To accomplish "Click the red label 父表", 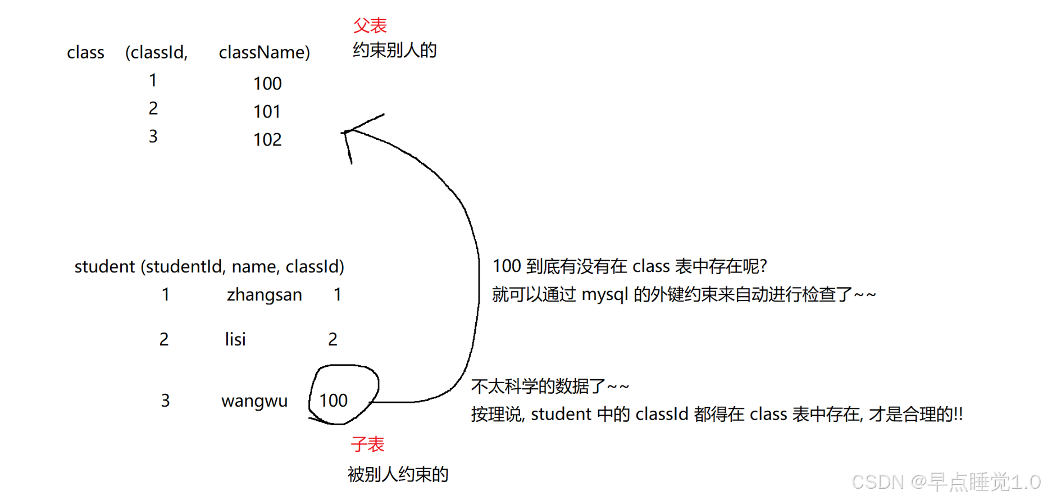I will coord(370,25).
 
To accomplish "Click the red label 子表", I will coord(367,444).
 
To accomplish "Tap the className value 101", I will coord(267,112).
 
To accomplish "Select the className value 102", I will coord(267,139).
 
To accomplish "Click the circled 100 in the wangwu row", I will coord(334,401).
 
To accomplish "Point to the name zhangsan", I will coord(264,295).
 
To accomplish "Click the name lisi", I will coord(235,339).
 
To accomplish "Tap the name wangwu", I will coord(254,401).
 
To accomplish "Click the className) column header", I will coord(264,52).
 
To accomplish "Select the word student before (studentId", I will coord(104,266).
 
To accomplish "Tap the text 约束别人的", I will coord(394,51).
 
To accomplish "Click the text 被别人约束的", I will coord(398,475).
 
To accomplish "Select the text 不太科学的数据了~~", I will coord(550,387).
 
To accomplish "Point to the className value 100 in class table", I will coord(267,84).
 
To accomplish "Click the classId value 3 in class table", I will coord(153,137).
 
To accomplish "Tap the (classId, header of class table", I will coord(156,52).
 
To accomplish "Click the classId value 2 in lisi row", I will coord(333,339).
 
